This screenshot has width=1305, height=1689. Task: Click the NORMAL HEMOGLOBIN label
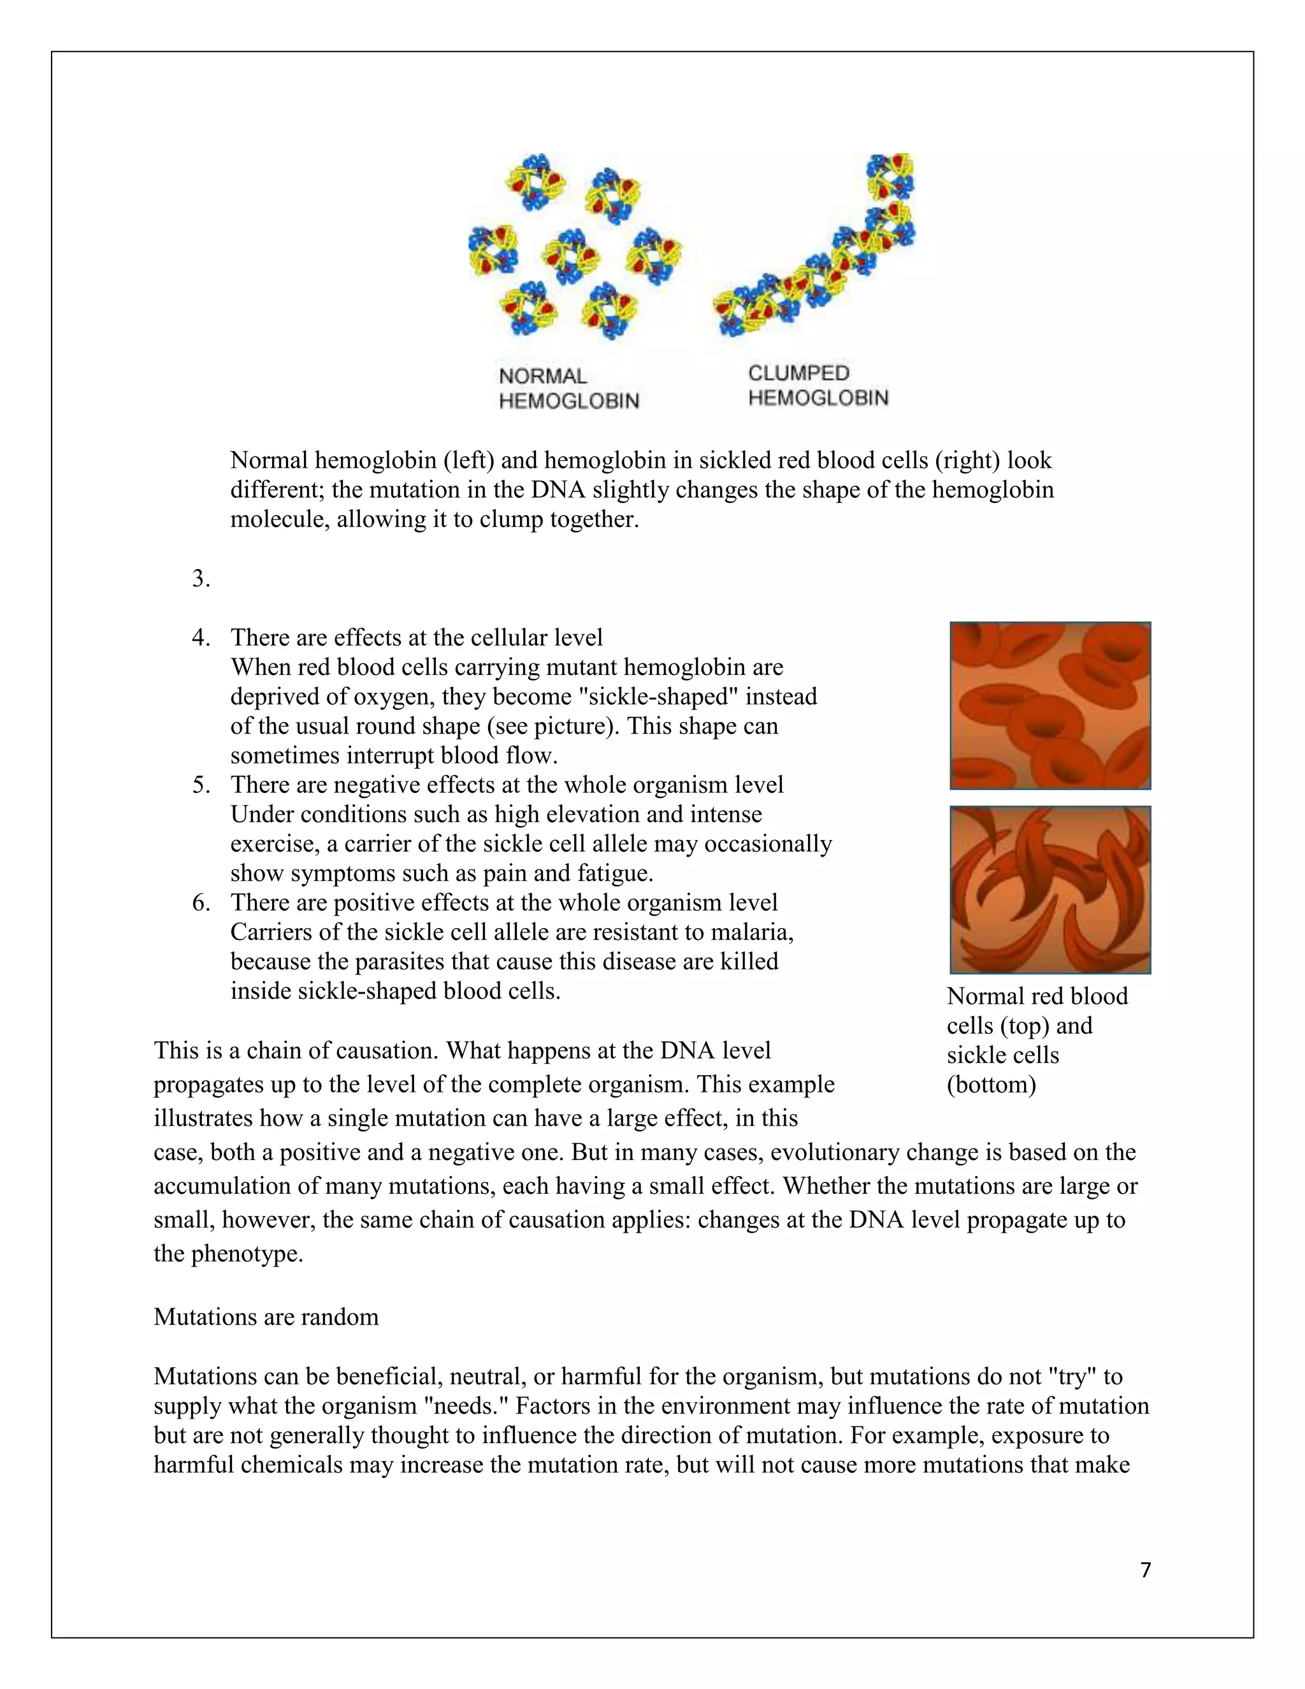click(568, 388)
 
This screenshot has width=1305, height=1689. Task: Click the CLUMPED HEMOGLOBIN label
click(818, 385)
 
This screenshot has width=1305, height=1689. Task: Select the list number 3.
click(201, 579)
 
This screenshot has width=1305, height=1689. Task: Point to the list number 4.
click(201, 637)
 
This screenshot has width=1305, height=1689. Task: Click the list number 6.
click(201, 902)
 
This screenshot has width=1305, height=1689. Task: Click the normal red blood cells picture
click(1050, 706)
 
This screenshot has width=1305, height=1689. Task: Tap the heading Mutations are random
click(266, 1316)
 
